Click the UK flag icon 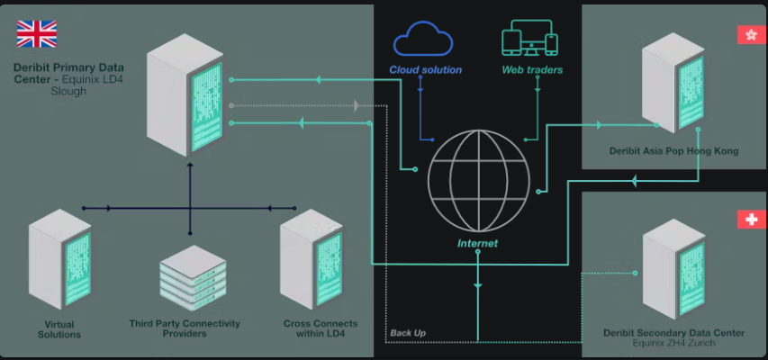[x=37, y=34]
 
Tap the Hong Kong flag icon [x=748, y=35]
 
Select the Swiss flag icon [x=747, y=220]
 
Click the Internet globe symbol [x=476, y=180]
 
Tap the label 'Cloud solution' [x=426, y=69]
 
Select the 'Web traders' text [x=532, y=69]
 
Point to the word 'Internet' [x=477, y=243]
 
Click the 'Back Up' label [x=408, y=333]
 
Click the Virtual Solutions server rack [x=60, y=260]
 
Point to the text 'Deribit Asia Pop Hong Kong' [x=674, y=151]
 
